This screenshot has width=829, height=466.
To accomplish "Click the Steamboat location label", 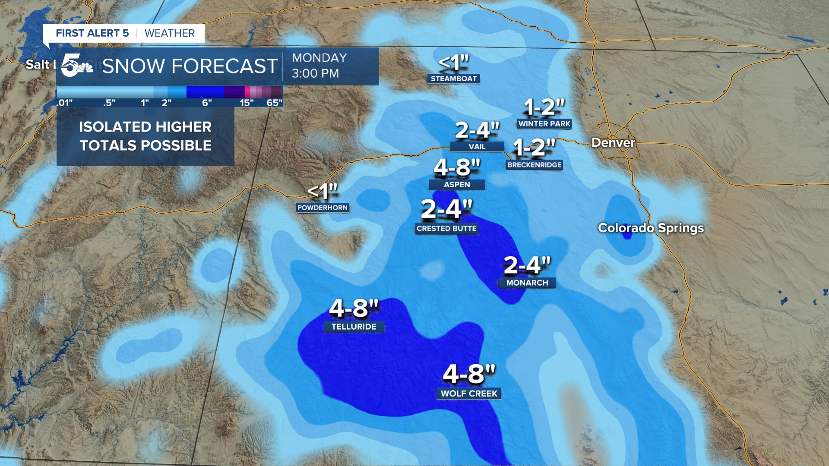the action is (x=453, y=79).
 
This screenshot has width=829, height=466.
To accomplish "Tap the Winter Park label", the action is (x=544, y=124).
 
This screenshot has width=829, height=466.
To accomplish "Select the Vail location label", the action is (x=477, y=147).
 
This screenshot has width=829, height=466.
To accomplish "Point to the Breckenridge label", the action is (x=534, y=165).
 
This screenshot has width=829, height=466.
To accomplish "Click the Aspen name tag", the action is (x=457, y=185).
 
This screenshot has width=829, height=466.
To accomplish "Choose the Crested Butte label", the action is (x=446, y=228).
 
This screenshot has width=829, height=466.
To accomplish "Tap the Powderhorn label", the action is (x=322, y=208).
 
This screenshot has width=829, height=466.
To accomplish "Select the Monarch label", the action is (x=527, y=283).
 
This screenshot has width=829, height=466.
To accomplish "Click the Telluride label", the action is (x=354, y=327).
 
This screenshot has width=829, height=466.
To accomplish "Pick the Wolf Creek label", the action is (x=469, y=394).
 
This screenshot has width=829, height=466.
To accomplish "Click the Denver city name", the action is (x=613, y=142).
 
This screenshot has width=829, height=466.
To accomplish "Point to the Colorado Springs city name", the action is (x=651, y=228).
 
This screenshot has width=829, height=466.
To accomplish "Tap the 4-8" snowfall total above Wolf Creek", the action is (x=469, y=374).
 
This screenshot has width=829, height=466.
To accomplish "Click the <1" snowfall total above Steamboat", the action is (x=453, y=63).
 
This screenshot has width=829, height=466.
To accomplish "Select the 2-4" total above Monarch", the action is (x=527, y=265).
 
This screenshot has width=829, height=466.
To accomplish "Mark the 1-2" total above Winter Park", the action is (x=544, y=107).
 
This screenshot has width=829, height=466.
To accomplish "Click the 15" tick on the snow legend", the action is (x=247, y=103).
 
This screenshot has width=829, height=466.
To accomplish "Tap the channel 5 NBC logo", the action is (x=77, y=66).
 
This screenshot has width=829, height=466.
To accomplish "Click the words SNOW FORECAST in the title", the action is (x=190, y=66).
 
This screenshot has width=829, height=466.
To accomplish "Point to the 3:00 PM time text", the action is (x=315, y=73).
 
